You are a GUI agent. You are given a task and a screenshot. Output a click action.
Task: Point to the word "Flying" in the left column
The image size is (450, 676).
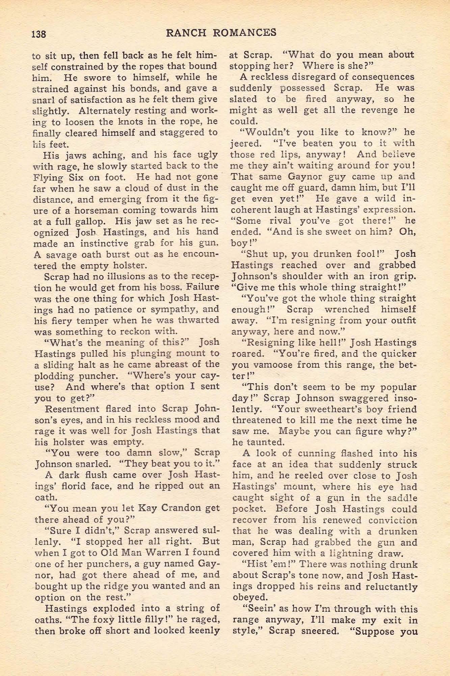[48, 177]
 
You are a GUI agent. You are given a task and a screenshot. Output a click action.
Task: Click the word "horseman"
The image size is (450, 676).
[96, 210]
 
